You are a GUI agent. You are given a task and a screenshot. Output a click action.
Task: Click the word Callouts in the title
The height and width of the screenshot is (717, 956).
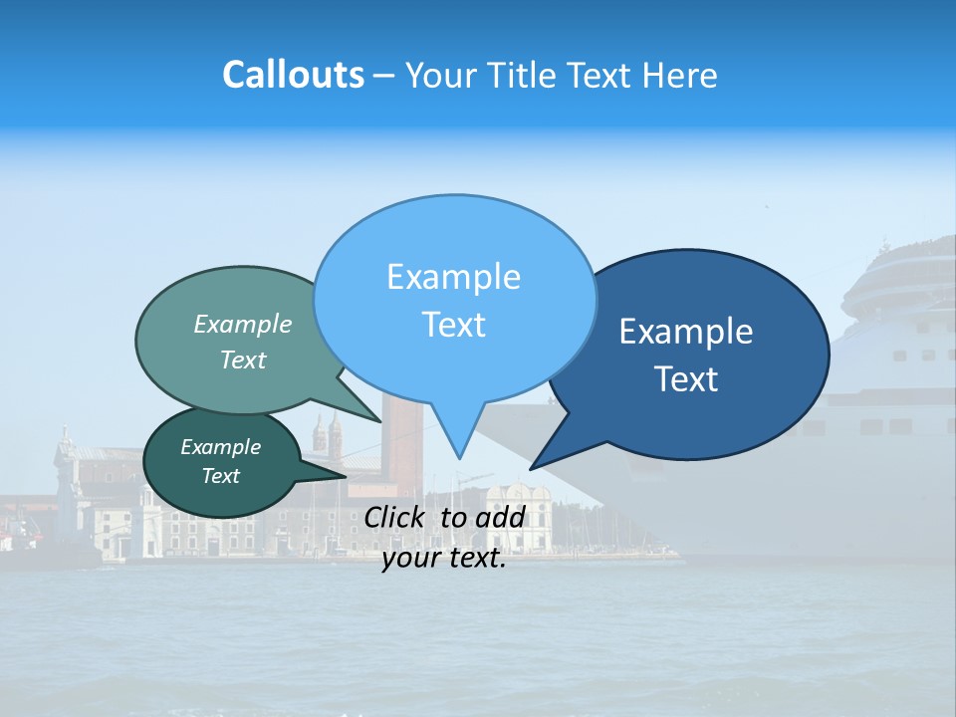tap(293, 75)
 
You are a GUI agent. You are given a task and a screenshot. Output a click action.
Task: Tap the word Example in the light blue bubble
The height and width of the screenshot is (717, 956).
tap(453, 277)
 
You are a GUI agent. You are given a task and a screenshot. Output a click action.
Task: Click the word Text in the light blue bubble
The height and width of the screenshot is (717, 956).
tap(453, 325)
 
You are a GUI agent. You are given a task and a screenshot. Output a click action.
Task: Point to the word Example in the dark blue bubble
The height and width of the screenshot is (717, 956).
tap(686, 332)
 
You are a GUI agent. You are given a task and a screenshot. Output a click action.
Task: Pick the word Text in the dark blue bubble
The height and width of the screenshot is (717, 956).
tap(686, 379)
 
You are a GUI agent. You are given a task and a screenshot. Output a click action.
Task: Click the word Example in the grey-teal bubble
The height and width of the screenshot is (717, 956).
tap(243, 325)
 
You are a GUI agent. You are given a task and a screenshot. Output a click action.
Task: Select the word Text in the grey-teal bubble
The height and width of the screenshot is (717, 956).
tap(243, 360)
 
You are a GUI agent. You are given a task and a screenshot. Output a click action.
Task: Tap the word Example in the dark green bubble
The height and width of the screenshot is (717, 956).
tap(220, 447)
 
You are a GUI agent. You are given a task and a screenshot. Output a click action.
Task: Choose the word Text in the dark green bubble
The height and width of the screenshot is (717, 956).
tap(220, 476)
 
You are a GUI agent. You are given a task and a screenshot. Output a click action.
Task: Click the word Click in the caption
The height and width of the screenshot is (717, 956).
tap(397, 517)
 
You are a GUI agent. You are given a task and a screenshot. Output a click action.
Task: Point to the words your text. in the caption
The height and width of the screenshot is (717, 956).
tap(444, 559)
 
